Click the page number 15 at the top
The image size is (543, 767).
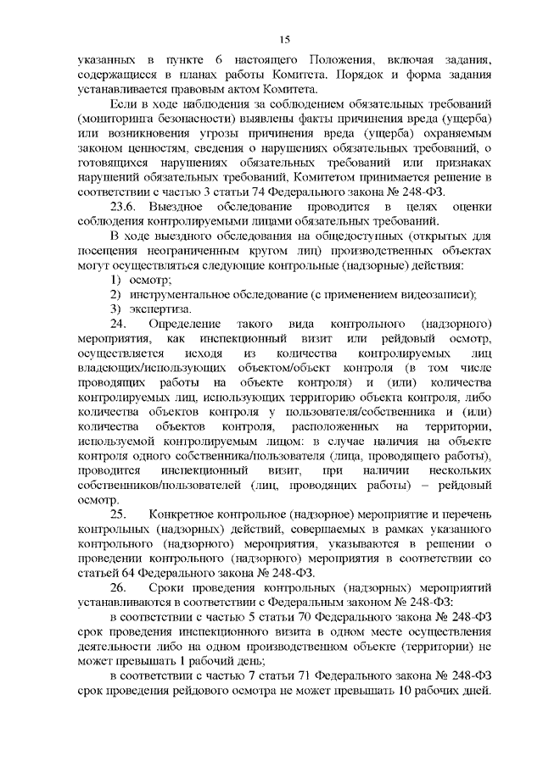point(285,39)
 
